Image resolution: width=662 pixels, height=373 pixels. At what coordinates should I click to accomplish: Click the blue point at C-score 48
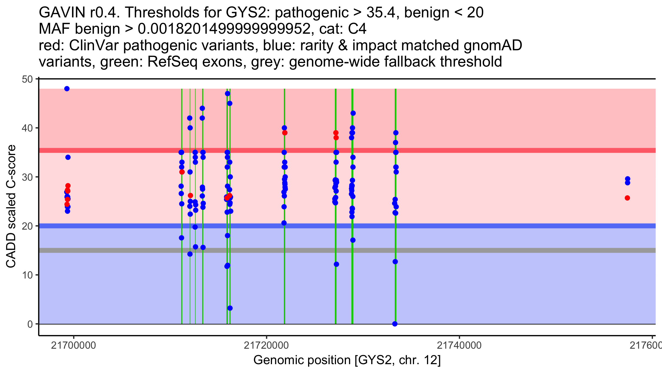[x=67, y=89]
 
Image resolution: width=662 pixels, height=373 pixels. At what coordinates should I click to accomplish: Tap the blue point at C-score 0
[x=395, y=324]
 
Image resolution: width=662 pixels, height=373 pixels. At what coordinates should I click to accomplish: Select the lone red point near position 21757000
[x=627, y=198]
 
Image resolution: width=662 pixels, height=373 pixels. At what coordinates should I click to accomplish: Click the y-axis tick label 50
[x=27, y=79]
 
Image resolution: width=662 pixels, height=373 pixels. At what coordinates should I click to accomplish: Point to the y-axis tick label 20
[x=27, y=226]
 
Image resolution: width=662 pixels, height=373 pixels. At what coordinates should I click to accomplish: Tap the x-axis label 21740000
[x=459, y=345]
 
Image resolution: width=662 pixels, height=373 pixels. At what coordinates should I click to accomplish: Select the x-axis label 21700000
[x=73, y=345]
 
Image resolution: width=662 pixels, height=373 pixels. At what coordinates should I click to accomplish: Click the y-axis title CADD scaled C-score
[x=11, y=206]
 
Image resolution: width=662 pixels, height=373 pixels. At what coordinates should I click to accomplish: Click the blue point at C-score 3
[x=230, y=308]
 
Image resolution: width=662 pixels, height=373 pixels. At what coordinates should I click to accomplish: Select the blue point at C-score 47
[x=228, y=94]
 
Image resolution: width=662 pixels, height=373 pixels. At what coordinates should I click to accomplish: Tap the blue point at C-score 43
[x=353, y=113]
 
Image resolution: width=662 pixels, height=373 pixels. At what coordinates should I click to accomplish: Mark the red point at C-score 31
[x=182, y=172]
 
